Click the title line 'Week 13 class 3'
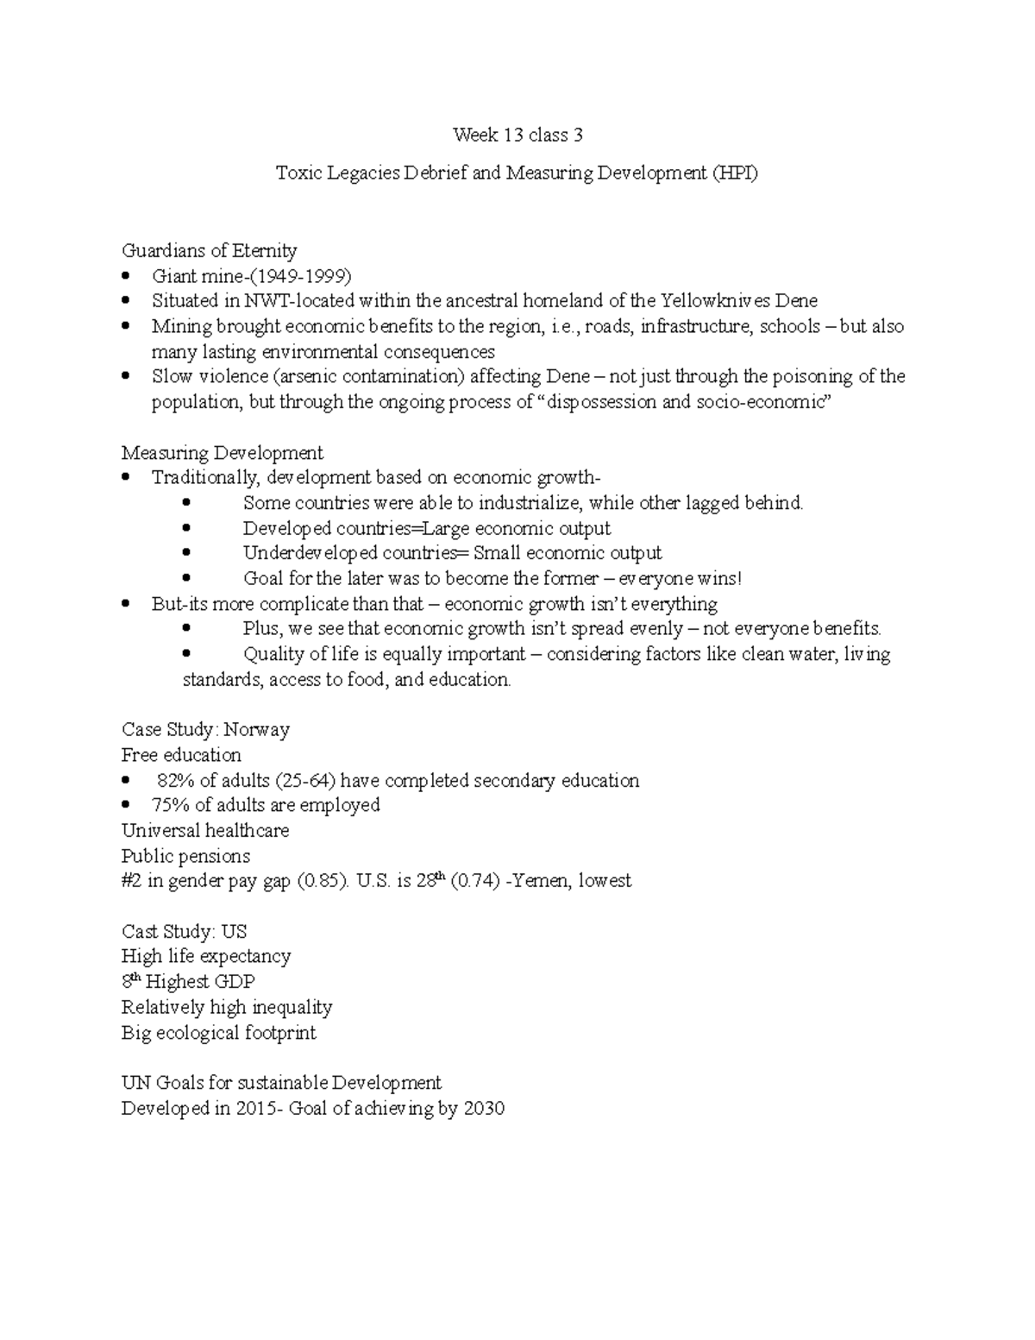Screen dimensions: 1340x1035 coord(517,135)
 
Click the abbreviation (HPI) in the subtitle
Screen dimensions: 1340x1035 coord(735,173)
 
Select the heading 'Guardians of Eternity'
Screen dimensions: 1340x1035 coord(209,251)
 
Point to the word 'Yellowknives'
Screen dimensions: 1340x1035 coord(715,301)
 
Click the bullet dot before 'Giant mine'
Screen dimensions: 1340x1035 coord(127,276)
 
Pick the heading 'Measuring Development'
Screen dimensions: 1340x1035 coord(222,453)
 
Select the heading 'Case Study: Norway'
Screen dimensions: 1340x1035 coord(205,730)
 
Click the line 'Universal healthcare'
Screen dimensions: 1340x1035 coord(205,831)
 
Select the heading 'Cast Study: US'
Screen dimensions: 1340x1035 coord(184,932)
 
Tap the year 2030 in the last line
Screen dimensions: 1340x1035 coord(483,1109)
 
